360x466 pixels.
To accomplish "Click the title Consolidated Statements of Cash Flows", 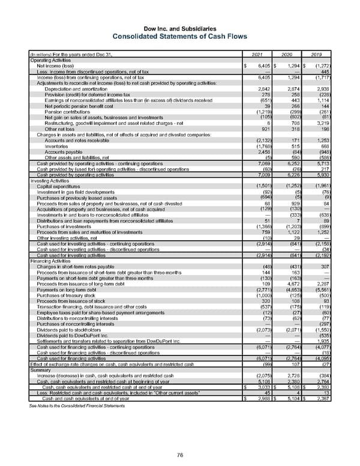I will pyautogui.click(x=180, y=34).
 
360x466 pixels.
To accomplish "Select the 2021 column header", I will pyautogui.click(x=255, y=56).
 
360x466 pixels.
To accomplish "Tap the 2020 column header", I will pyautogui.click(x=288, y=56).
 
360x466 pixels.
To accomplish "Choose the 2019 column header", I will pyautogui.click(x=322, y=56).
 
